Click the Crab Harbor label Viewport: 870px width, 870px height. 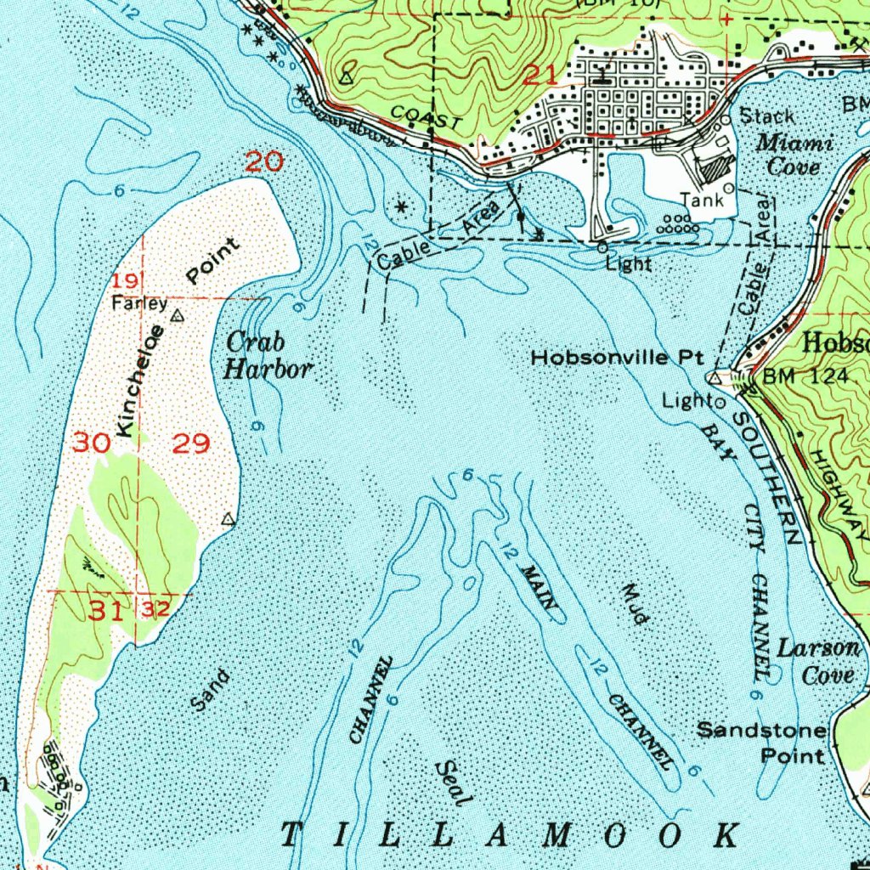pos(268,356)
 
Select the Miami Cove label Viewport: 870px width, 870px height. pos(794,154)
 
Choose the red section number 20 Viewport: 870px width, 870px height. pos(263,161)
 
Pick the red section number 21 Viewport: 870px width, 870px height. pos(541,75)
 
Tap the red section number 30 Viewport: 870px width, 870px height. pos(91,443)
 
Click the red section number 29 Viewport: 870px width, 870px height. pos(191,443)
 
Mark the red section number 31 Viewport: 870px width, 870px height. pos(109,610)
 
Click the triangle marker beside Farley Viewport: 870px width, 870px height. pos(177,316)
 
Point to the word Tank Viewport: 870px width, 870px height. pos(702,201)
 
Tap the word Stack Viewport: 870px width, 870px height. pos(767,116)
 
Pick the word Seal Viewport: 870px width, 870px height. pos(452,783)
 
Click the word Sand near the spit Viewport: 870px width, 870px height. pos(210,690)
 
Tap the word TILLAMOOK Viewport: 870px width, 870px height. pos(510,835)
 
